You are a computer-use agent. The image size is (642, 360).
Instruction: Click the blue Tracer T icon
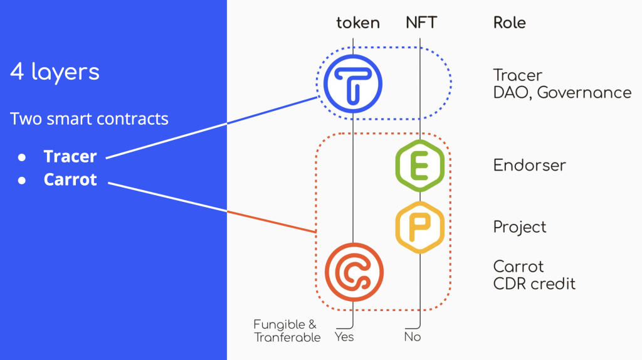pos(353,83)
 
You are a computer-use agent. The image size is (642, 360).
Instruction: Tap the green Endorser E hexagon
pos(419,166)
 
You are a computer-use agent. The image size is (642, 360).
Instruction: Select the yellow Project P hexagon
pos(419,226)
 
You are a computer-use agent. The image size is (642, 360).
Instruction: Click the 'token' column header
pos(358,23)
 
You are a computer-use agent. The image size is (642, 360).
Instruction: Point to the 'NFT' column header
pos(421,23)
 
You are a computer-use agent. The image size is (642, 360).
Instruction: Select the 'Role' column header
pos(509,23)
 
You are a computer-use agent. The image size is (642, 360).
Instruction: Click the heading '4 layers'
pos(55,72)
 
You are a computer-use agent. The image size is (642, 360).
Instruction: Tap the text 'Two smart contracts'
pos(89,119)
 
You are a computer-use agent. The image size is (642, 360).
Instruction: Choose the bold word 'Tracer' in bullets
pos(70,156)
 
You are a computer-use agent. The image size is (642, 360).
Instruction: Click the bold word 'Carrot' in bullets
pos(70,179)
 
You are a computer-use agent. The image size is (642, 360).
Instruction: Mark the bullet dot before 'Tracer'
pos(21,156)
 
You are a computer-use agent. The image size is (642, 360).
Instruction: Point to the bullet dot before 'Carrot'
pos(21,180)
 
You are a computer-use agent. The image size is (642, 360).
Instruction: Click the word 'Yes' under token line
pos(344,337)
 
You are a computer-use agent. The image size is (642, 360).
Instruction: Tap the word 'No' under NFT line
pos(412,337)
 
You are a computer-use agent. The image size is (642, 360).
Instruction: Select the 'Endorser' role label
pos(529,166)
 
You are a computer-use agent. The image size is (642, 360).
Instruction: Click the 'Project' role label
pos(520,227)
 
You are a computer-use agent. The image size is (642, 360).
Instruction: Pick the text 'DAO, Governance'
pos(562,93)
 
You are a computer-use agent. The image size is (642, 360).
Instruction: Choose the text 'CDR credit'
pos(534,283)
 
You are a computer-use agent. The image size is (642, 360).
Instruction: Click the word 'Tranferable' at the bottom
pos(287,338)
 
